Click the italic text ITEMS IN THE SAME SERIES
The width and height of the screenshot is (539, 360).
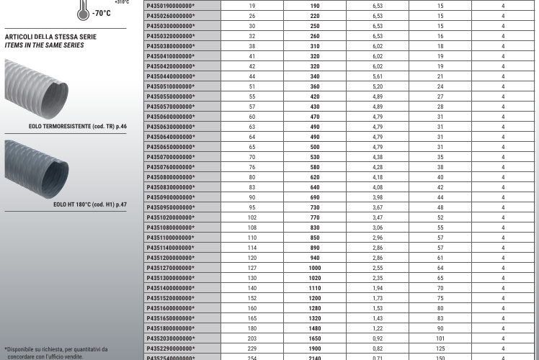pyautogui.click(x=44, y=45)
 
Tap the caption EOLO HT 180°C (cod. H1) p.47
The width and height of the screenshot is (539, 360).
pyautogui.click(x=90, y=204)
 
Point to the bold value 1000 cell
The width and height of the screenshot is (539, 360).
pyautogui.click(x=315, y=268)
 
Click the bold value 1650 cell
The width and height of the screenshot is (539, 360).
pyautogui.click(x=315, y=338)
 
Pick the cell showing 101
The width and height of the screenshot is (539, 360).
pyautogui.click(x=440, y=338)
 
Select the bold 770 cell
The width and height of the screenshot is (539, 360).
pyautogui.click(x=315, y=217)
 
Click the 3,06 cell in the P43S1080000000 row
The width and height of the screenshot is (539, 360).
pyautogui.click(x=377, y=228)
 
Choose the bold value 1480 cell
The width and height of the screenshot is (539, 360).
pyautogui.click(x=315, y=328)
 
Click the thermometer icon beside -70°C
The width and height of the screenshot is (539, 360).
pyautogui.click(x=82, y=9)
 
